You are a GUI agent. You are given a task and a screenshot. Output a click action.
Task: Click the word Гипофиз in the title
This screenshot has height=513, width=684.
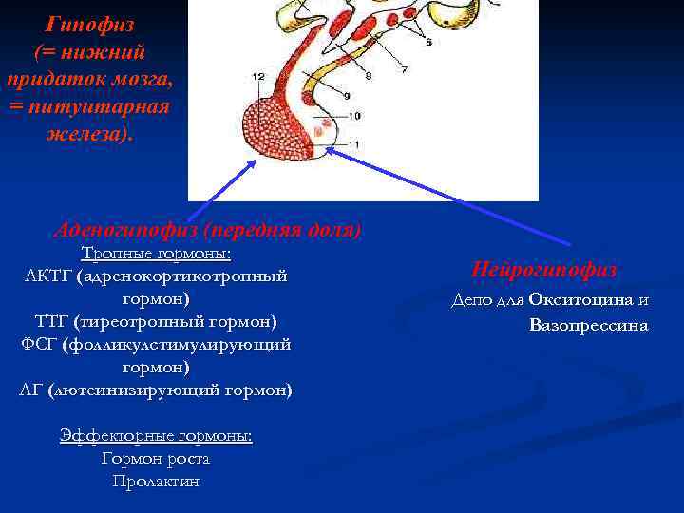[90, 23]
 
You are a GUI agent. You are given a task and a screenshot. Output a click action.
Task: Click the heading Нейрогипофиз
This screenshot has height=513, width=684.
[544, 270]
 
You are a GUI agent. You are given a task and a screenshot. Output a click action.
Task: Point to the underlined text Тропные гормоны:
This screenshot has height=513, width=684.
[156, 255]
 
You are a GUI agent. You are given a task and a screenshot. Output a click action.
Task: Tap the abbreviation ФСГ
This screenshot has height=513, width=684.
[39, 344]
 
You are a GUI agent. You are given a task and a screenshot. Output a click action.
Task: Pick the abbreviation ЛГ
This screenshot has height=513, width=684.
[30, 389]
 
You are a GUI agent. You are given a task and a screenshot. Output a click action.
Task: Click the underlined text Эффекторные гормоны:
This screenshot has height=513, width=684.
[156, 435]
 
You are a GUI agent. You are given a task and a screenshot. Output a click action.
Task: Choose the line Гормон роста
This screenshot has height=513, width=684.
[156, 459]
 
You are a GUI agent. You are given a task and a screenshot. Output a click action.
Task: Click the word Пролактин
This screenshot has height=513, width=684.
[156, 482]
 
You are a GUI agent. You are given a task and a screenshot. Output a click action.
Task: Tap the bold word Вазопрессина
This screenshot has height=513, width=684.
[588, 325]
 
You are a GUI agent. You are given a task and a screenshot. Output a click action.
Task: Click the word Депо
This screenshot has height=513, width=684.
[472, 300]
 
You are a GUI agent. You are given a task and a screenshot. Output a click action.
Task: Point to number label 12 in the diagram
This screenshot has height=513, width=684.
[258, 75]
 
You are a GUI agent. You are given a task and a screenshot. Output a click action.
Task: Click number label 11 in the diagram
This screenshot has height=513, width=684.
[353, 142]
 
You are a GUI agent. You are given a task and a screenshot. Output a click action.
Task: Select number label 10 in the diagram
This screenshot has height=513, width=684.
[353, 115]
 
